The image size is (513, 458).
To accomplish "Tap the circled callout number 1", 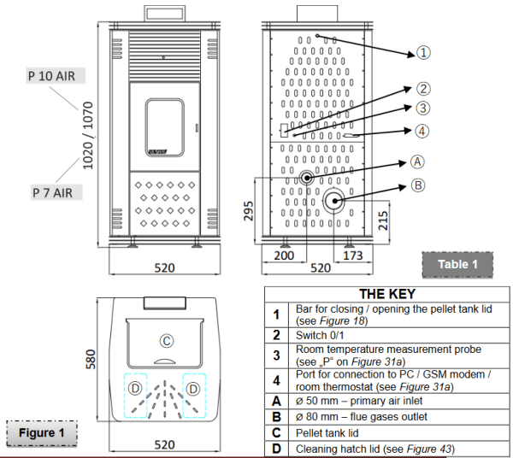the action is (x=423, y=53).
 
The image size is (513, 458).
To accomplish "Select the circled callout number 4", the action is (x=422, y=131).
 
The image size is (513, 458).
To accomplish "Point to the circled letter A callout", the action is (x=417, y=161).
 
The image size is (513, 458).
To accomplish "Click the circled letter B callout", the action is (x=418, y=185).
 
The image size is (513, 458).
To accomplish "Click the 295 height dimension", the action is (x=249, y=211).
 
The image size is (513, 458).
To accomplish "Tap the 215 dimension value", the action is (x=383, y=220).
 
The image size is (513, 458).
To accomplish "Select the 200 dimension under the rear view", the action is (x=284, y=255).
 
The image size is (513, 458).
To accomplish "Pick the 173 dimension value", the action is (x=352, y=255).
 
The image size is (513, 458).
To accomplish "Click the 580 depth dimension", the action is (x=91, y=359).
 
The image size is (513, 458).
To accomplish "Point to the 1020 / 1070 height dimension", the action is (x=88, y=136).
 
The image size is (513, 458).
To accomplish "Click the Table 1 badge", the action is (x=457, y=265).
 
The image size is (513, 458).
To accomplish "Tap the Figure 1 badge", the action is (x=42, y=433).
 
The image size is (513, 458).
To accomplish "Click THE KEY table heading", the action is (x=387, y=294).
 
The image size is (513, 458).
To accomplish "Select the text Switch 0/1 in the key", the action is (x=320, y=336).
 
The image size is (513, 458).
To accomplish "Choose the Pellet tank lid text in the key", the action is (x=327, y=433).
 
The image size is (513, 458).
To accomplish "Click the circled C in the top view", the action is (x=167, y=341).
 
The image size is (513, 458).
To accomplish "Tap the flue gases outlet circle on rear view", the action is (x=334, y=201).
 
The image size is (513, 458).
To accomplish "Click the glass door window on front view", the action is (x=164, y=127).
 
